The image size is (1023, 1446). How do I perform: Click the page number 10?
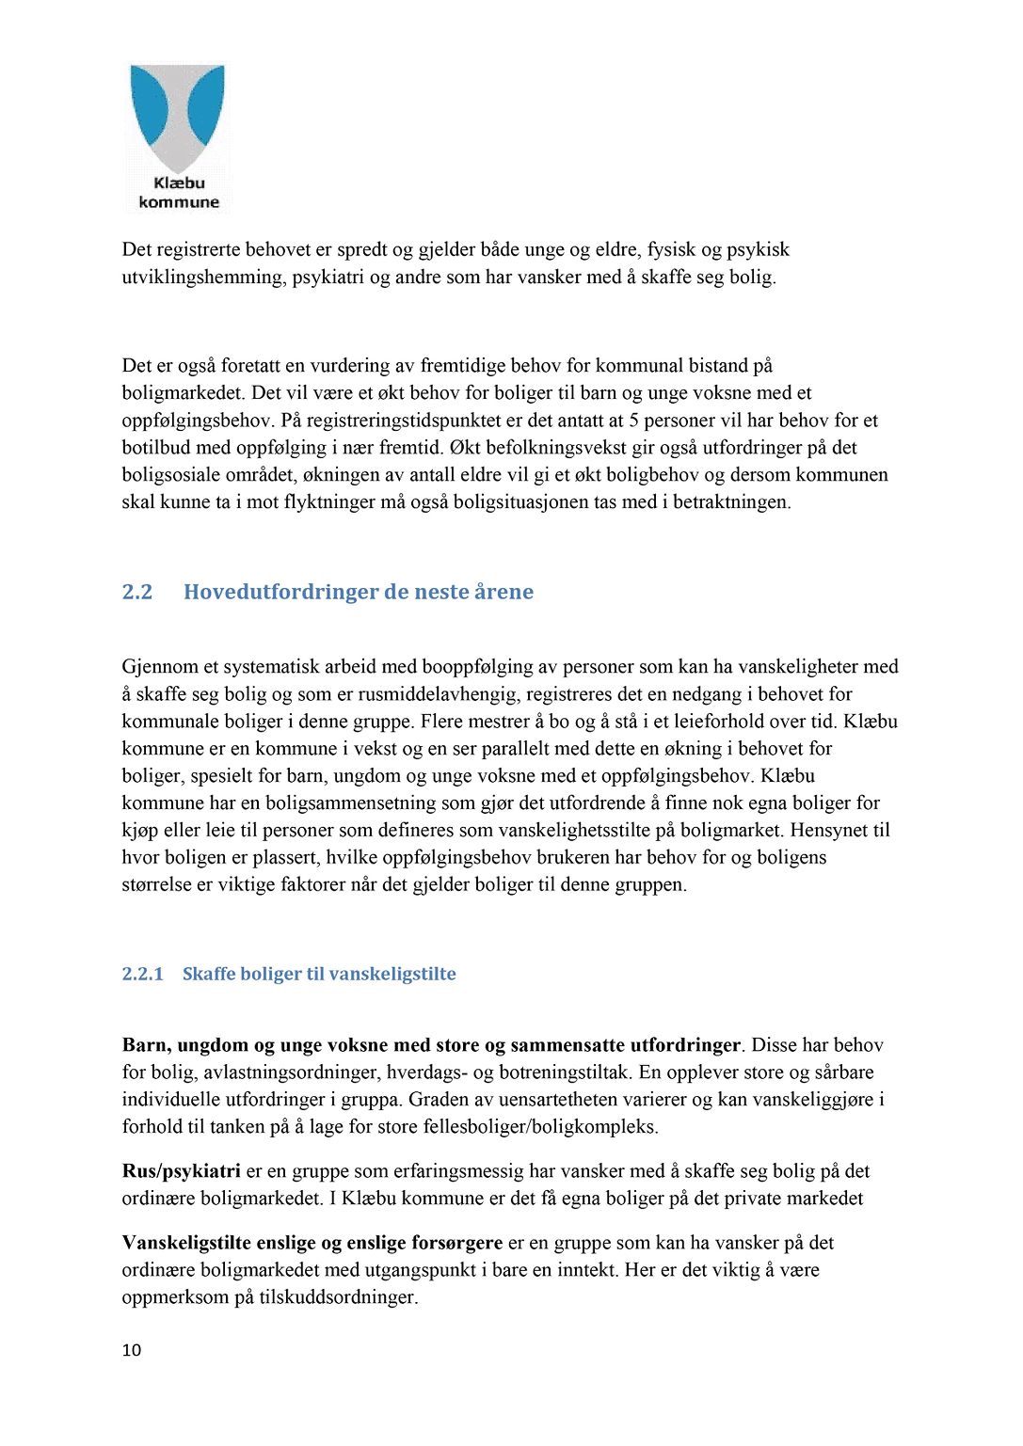(132, 1350)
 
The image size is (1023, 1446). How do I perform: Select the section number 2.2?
(137, 592)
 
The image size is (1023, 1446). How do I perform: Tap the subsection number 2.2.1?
(143, 974)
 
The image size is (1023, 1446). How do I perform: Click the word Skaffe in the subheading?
(209, 974)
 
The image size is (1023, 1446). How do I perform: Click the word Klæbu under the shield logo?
(179, 183)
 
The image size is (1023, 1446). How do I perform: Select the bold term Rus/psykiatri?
(181, 1171)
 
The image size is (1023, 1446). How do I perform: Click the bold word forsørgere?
(457, 1243)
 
